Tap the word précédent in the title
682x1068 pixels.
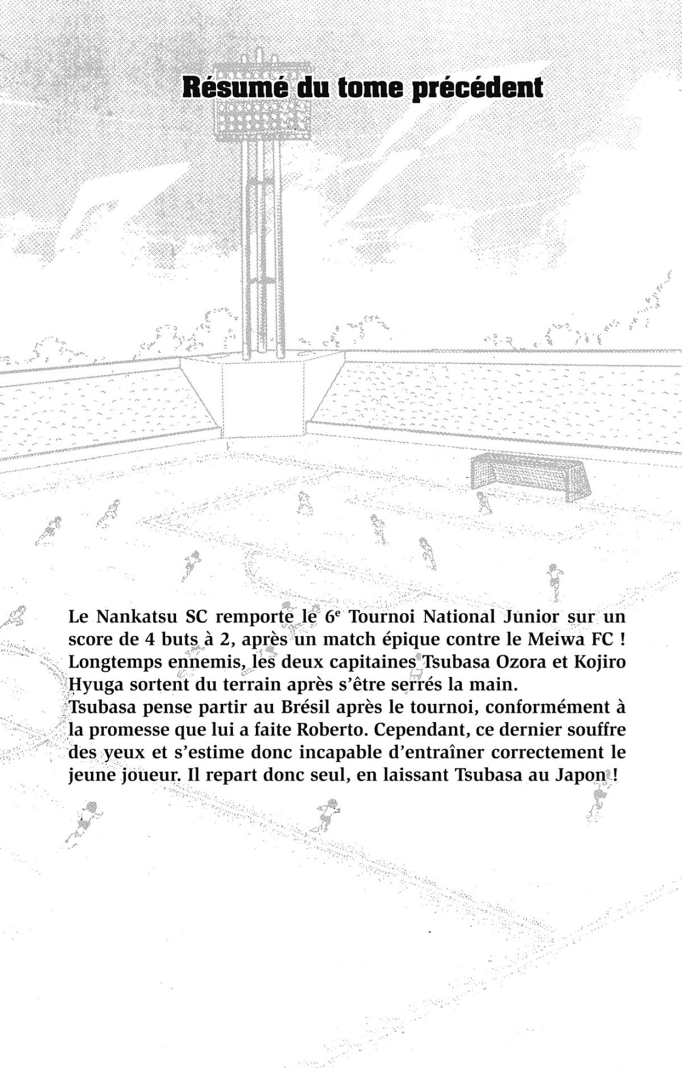point(477,88)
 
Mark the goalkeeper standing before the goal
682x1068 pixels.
point(483,503)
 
